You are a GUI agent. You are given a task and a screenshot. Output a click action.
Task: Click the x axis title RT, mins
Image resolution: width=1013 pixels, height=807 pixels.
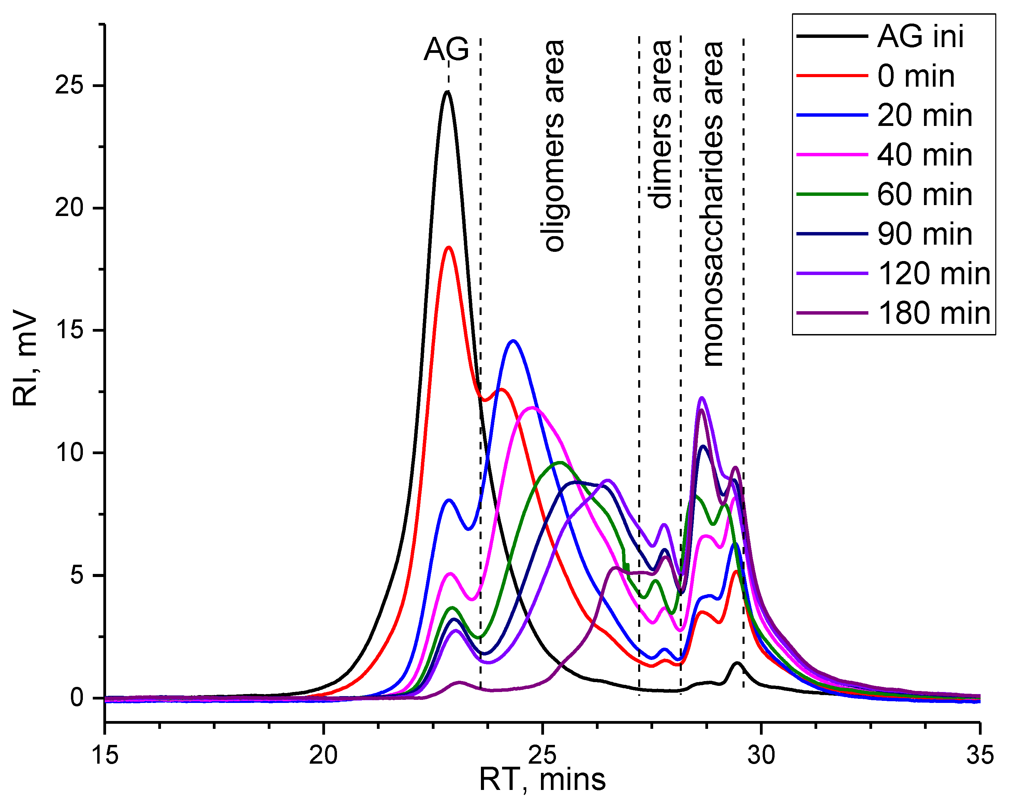tap(542, 780)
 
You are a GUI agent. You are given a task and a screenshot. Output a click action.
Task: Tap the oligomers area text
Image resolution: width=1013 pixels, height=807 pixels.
tap(555, 146)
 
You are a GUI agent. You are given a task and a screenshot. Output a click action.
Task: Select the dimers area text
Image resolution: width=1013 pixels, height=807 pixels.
tap(662, 125)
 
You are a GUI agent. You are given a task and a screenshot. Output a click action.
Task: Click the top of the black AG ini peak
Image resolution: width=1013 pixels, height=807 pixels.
tap(447, 92)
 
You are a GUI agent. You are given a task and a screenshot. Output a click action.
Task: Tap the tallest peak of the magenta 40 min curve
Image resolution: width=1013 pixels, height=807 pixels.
tap(532, 407)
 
